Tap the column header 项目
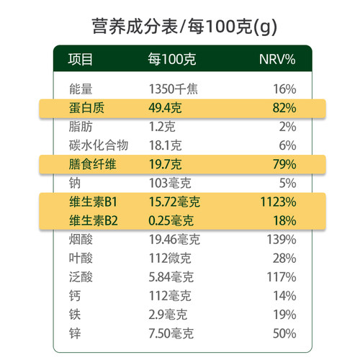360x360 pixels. click(x=81, y=59)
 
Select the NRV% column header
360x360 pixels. click(x=277, y=59)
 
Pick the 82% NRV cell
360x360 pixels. click(x=284, y=109)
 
